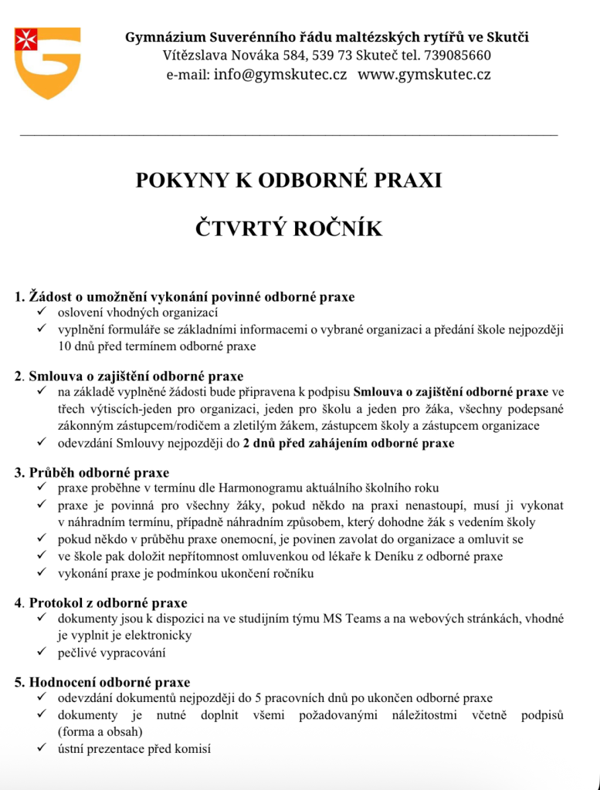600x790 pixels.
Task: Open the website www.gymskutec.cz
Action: tap(424, 75)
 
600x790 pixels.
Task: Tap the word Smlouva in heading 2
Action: tap(53, 376)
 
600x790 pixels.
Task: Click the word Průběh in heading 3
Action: tap(52, 472)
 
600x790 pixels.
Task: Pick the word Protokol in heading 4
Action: tap(56, 603)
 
